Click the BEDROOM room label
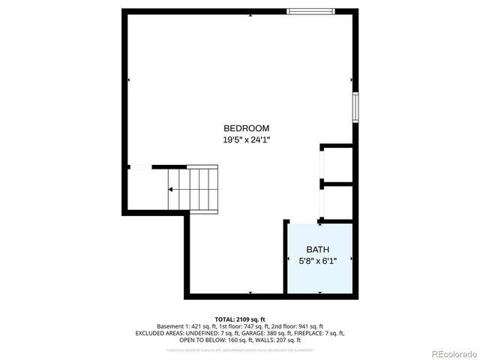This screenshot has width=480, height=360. (x=245, y=128)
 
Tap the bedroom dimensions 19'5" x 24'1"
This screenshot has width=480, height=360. (x=245, y=139)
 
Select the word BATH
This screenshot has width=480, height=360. (x=317, y=250)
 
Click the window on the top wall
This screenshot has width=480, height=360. (x=310, y=11)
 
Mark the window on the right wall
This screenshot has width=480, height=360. (x=356, y=107)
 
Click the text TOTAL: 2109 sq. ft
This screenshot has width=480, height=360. (x=240, y=319)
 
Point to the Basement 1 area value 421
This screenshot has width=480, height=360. (x=194, y=326)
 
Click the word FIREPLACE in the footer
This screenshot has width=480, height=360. (x=309, y=333)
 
